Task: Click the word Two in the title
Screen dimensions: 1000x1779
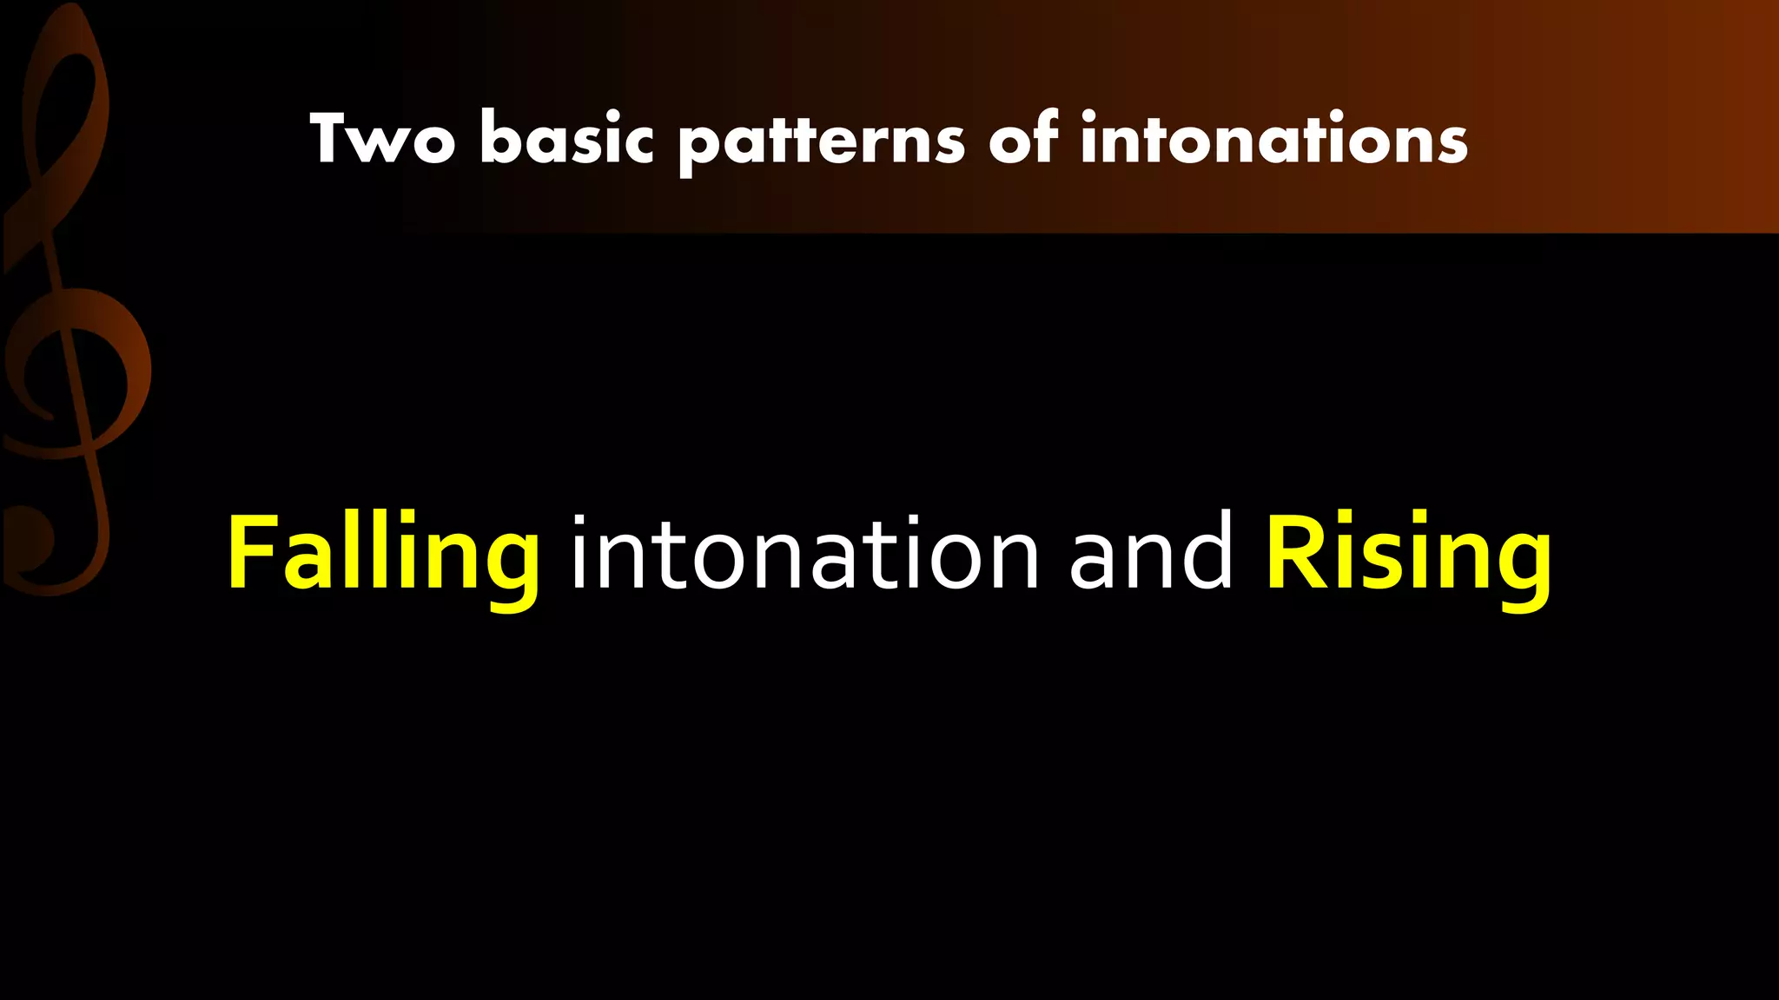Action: pyautogui.click(x=382, y=139)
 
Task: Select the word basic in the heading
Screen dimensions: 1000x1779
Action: pyautogui.click(x=565, y=139)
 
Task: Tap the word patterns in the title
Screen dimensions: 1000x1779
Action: pyautogui.click(x=821, y=141)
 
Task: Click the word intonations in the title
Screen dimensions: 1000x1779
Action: pyautogui.click(x=1273, y=139)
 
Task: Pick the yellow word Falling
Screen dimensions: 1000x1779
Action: pyautogui.click(x=383, y=556)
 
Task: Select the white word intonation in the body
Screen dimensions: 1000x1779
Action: pyautogui.click(x=804, y=554)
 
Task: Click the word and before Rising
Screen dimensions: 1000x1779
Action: pyautogui.click(x=1151, y=552)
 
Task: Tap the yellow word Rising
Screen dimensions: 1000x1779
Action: pyautogui.click(x=1408, y=556)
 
